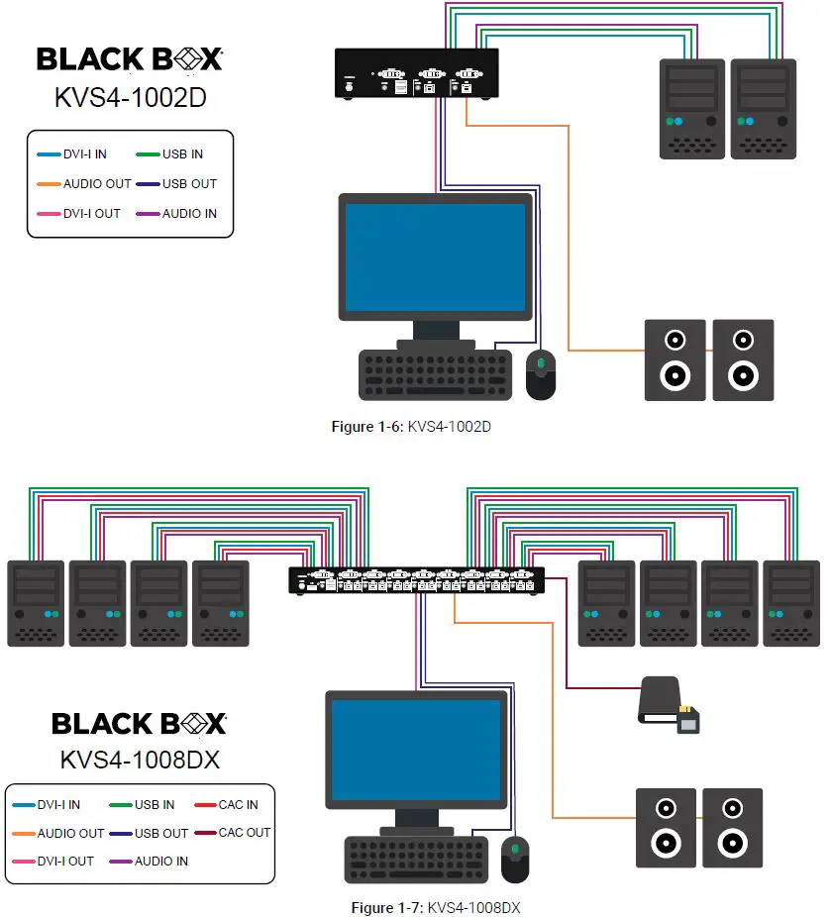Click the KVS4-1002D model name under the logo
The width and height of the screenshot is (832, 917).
pos(130,99)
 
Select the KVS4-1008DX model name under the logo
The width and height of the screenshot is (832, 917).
pos(140,761)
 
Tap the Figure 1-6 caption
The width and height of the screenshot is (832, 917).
pos(411,427)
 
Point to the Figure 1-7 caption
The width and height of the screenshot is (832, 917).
pos(436,907)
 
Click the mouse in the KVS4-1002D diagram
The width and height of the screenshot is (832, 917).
pos(540,374)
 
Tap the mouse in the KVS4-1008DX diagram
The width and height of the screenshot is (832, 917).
pos(515,860)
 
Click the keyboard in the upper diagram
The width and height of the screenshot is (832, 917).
pos(436,374)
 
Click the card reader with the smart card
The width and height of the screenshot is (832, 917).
pos(670,705)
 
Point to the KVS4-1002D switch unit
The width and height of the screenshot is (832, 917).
pos(416,74)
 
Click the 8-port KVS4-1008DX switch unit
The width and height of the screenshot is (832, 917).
pos(416,580)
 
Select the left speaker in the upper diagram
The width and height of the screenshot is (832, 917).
pos(675,359)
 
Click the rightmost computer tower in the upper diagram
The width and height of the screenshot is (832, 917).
pos(763,108)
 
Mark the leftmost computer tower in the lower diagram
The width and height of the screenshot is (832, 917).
pos(36,603)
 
